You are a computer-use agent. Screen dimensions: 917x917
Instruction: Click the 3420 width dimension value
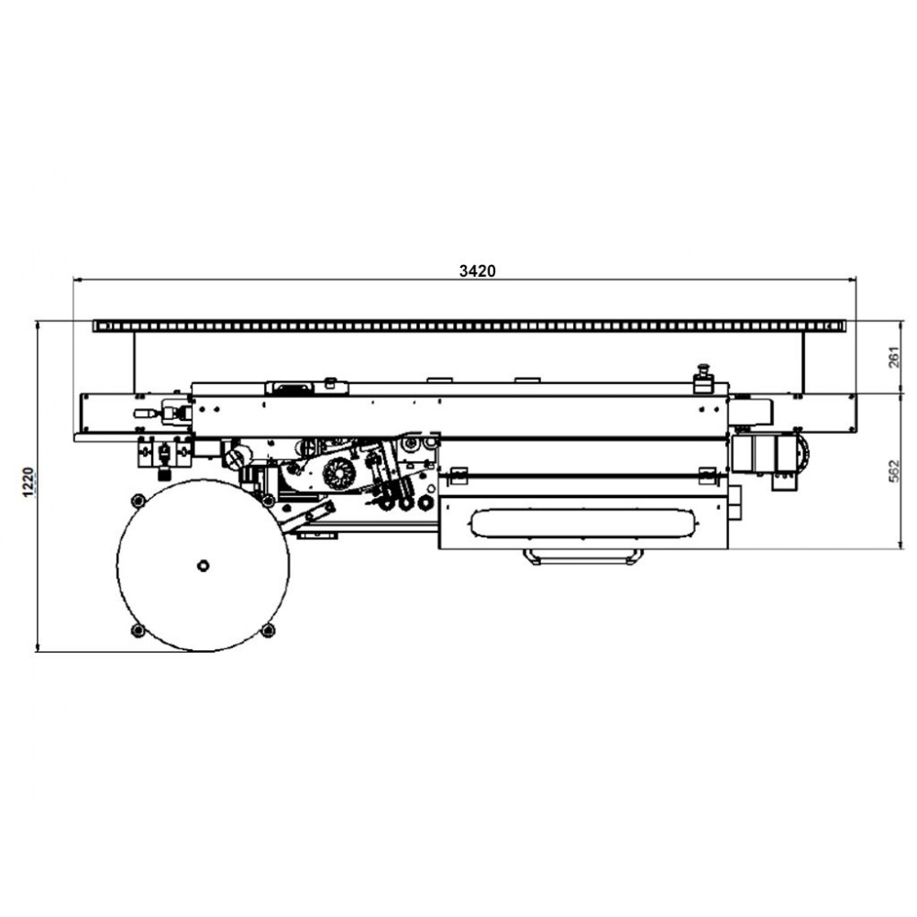477,271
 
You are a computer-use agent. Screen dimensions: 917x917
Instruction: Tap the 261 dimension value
894,358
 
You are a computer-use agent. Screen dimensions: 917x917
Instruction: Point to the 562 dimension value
894,470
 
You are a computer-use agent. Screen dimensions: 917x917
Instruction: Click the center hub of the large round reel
203,566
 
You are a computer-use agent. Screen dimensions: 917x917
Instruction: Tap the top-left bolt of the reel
138,501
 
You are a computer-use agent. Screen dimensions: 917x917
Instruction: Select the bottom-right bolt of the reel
268,630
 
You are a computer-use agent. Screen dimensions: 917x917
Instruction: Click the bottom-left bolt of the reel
138,630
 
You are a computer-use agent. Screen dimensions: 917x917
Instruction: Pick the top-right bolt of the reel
268,501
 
